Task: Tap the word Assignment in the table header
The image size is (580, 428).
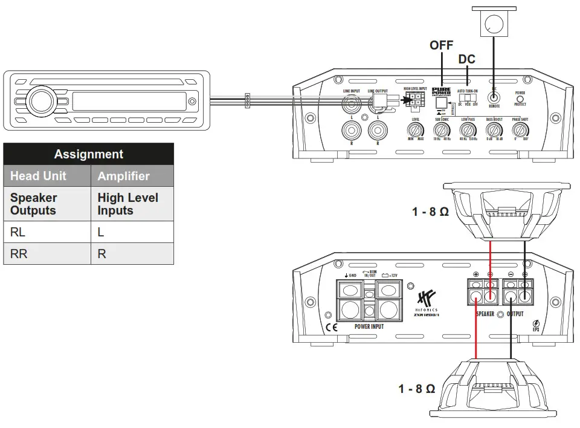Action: click(88, 154)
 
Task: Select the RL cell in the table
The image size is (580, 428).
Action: click(18, 232)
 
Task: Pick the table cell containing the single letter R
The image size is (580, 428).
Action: click(101, 254)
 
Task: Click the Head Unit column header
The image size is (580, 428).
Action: click(39, 176)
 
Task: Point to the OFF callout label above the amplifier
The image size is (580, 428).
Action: click(442, 45)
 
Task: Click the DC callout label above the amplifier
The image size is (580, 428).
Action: click(467, 59)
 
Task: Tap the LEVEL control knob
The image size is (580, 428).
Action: click(416, 131)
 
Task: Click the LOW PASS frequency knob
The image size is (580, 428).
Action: click(468, 131)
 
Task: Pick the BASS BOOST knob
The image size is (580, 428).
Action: click(494, 131)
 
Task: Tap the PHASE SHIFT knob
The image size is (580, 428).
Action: click(520, 131)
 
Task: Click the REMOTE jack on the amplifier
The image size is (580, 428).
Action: click(494, 97)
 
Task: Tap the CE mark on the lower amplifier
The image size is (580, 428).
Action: click(332, 328)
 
